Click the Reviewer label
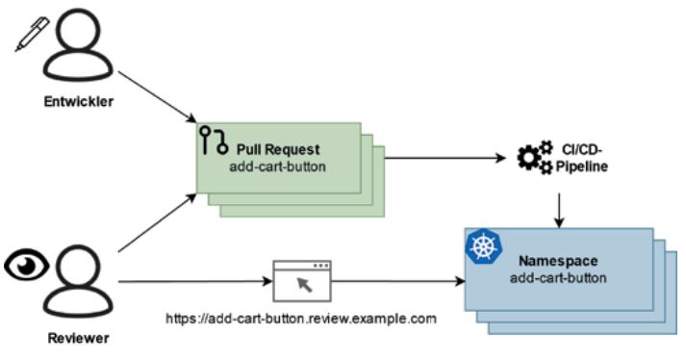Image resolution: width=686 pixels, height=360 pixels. pyautogui.click(x=71, y=340)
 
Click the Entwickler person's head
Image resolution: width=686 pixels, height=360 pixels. pyautogui.click(x=73, y=30)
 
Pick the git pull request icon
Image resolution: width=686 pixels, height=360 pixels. pyautogui.click(x=213, y=141)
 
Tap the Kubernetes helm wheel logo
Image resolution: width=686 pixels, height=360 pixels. pyautogui.click(x=479, y=246)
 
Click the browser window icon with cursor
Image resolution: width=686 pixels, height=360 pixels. pyautogui.click(x=302, y=280)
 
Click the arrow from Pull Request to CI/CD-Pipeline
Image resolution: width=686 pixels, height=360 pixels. pyautogui.click(x=444, y=157)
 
